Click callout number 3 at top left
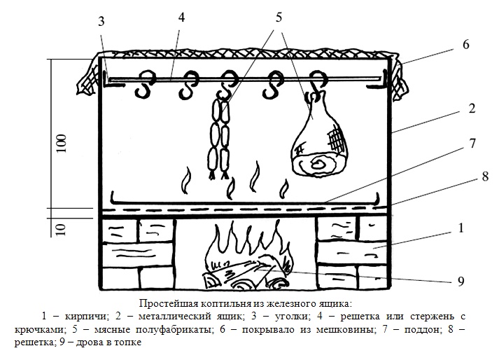coord(101,22)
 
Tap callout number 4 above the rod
coord(181,18)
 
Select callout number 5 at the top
coord(279,18)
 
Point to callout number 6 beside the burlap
coord(465,45)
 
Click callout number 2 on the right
coord(472,109)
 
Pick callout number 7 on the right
coord(472,144)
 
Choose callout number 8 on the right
coord(485,176)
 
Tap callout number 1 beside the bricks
coord(461,228)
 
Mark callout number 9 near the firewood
coord(461,282)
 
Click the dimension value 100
coord(62,144)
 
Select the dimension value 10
coord(62,230)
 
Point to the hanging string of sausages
coord(220,137)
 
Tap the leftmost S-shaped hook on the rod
coord(145,84)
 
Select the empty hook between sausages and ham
coord(273,85)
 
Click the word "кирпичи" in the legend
coord(85,317)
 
